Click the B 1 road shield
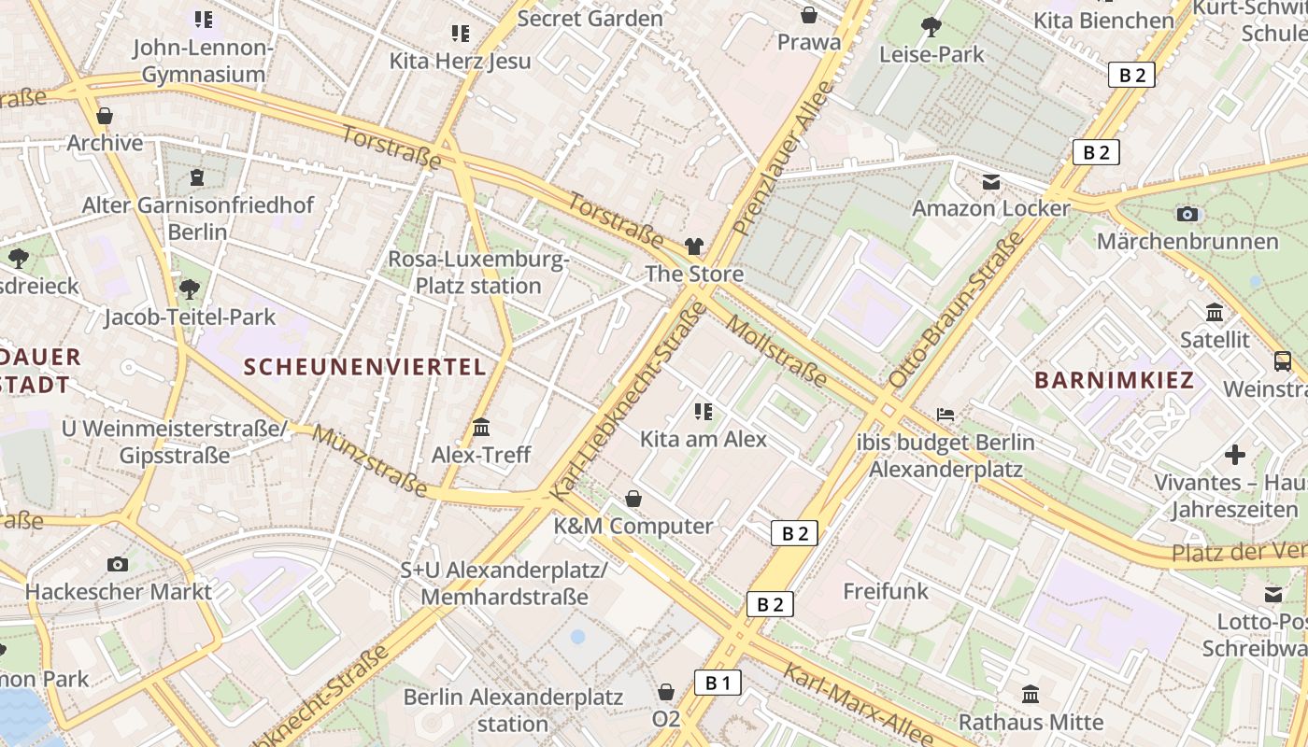[x=718, y=683]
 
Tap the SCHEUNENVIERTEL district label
[x=365, y=367]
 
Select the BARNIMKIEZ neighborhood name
[x=1115, y=380]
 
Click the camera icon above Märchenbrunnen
[x=1187, y=214]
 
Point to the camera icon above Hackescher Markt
[x=118, y=564]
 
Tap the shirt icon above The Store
[x=693, y=247]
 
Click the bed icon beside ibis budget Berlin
[x=945, y=414]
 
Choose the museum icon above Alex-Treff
[x=481, y=428]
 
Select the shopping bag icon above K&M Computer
[x=633, y=499]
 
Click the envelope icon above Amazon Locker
[x=990, y=181]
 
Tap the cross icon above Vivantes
[x=1235, y=455]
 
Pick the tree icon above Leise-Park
[x=931, y=26]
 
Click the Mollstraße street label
[x=776, y=352]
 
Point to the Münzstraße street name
[x=371, y=460]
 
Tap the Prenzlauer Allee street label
[x=783, y=157]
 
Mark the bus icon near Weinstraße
[x=1283, y=360]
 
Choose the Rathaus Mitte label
[x=1031, y=722]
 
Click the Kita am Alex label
[x=703, y=439]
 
